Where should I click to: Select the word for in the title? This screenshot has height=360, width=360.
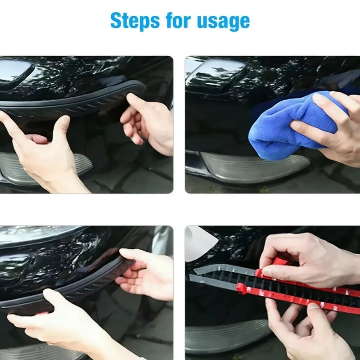(x=180, y=21)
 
